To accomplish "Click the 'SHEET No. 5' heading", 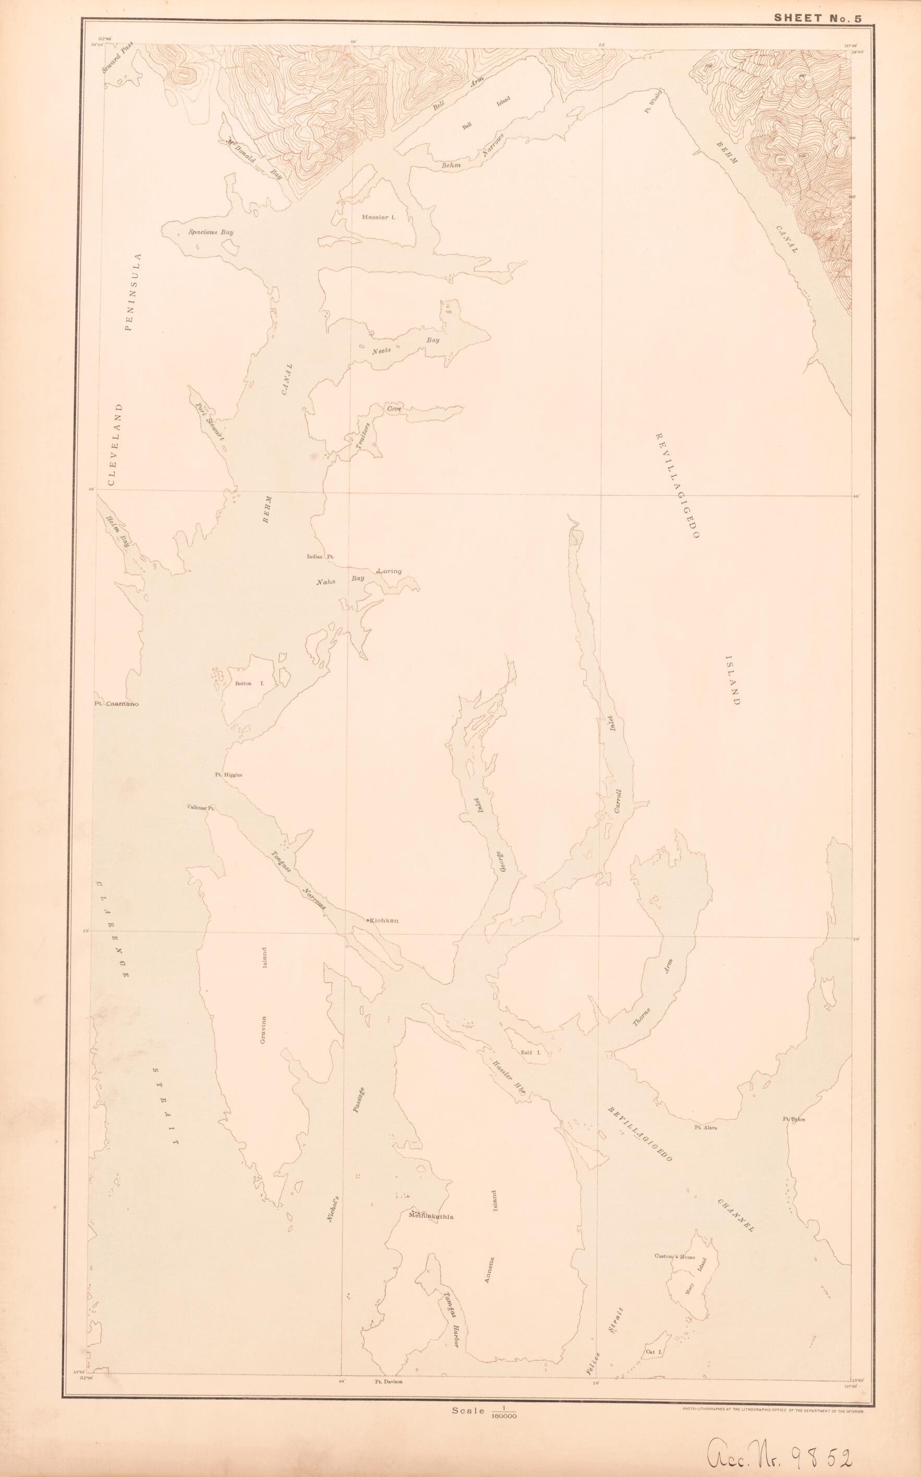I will tap(818, 18).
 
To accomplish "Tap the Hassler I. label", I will tap(378, 217).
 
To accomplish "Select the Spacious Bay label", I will tap(211, 232).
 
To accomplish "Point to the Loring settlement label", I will tap(390, 571).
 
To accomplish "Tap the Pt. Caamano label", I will tap(117, 704).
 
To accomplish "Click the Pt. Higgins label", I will tap(229, 775).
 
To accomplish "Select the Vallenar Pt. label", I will tap(201, 807).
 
